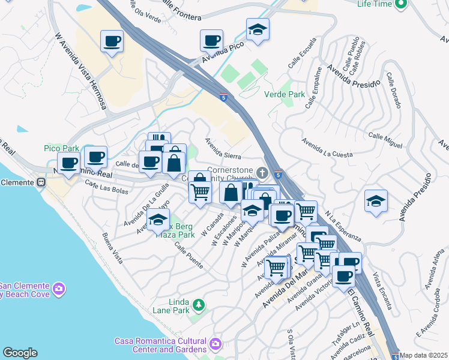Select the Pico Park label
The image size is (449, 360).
62,148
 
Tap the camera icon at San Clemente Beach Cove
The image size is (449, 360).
59,289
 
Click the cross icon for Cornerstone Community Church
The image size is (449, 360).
262,169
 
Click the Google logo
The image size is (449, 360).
20,353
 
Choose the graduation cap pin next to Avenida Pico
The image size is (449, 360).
258,29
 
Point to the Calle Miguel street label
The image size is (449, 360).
385,141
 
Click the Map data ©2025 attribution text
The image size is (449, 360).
424,355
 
